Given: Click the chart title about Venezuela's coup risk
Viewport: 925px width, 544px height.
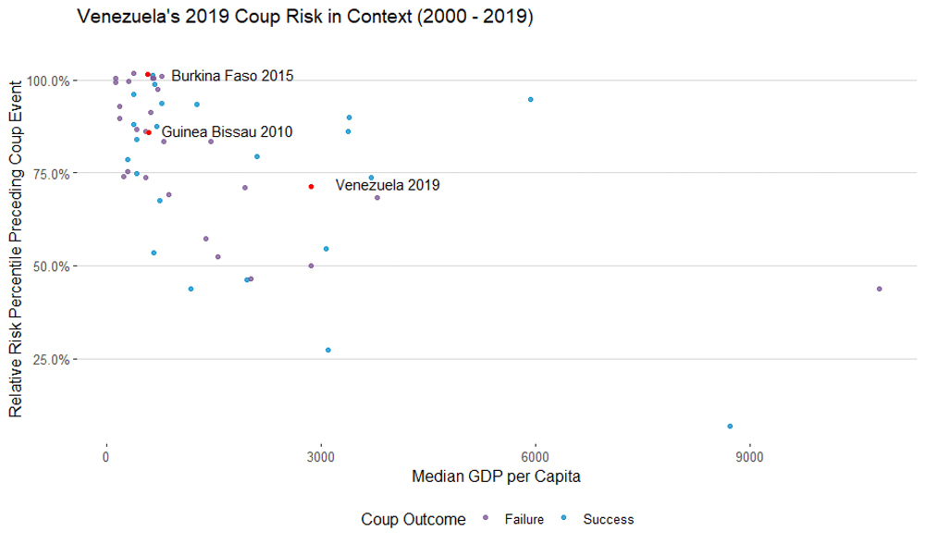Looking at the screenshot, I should (x=305, y=18).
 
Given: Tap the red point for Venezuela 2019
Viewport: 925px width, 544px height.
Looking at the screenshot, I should (x=312, y=187).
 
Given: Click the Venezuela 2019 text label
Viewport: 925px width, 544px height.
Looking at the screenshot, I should (x=388, y=185).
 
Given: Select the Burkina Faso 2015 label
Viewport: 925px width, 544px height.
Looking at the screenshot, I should (x=232, y=76).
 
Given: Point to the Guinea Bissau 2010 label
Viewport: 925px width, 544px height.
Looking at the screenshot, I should (x=227, y=132).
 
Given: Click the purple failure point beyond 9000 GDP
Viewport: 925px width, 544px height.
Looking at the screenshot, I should (x=879, y=289).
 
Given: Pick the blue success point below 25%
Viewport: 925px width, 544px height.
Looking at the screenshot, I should (x=730, y=427).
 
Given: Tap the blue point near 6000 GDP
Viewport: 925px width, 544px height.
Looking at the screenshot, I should (x=530, y=99).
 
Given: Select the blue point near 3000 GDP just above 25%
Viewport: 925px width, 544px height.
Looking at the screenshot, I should (x=328, y=350).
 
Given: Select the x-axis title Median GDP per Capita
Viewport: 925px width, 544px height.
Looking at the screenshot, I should (x=496, y=477).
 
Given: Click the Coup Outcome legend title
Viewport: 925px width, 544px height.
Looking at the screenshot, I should (x=413, y=520).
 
